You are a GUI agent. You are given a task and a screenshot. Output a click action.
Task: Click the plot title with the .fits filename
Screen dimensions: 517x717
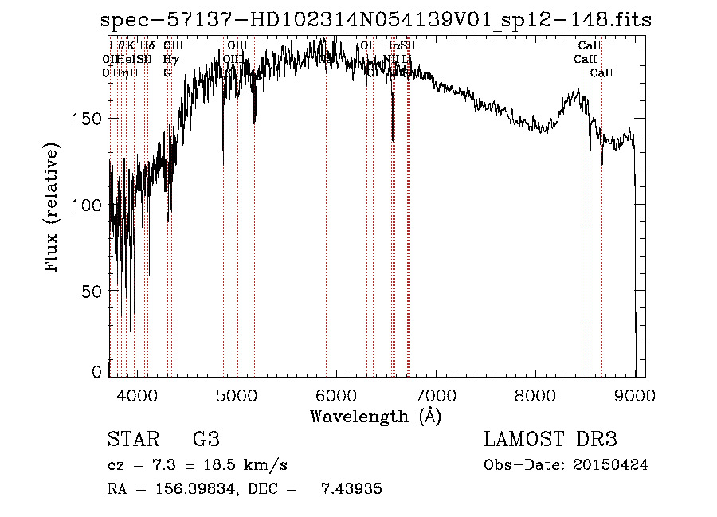coord(376,20)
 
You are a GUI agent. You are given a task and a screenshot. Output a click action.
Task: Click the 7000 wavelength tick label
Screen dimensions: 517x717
coord(435,394)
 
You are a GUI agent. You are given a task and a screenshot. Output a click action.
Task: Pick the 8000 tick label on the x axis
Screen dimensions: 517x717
coord(535,394)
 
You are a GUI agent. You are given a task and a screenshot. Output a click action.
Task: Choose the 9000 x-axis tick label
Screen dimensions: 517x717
coord(634,394)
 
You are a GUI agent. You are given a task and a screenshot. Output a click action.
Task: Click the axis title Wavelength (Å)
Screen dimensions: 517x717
coord(375,416)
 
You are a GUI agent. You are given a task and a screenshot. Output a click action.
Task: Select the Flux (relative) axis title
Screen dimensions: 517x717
coord(53,209)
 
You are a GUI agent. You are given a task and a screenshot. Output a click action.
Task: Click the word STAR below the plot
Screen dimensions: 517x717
coord(132,440)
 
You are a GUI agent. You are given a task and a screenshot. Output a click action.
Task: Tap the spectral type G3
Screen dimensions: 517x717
coord(206,440)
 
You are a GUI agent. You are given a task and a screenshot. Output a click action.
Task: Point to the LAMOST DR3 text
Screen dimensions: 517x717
coord(550,440)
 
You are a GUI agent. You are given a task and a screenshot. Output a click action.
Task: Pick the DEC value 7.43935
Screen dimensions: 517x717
coord(351,490)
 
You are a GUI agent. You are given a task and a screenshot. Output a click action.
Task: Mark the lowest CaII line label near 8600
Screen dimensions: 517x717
coord(601,73)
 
